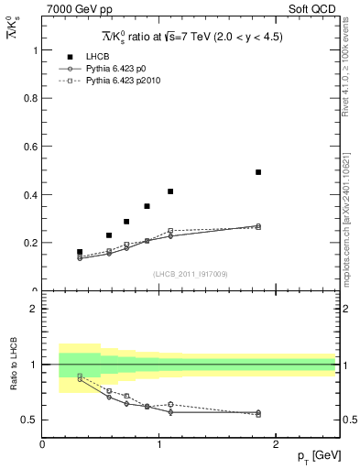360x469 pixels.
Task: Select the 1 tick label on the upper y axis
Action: coord(37,50)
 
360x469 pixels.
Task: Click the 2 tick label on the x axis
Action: coord(277,445)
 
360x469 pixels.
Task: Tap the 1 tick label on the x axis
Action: coord(159,445)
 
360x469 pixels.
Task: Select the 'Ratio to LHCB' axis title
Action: coord(14,365)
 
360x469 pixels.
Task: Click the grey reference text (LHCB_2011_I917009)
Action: coord(190,273)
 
